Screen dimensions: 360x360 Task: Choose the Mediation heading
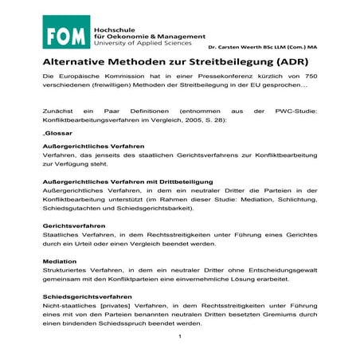pyautogui.click(x=60, y=260)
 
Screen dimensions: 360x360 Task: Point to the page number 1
pyautogui.click(x=181, y=337)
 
